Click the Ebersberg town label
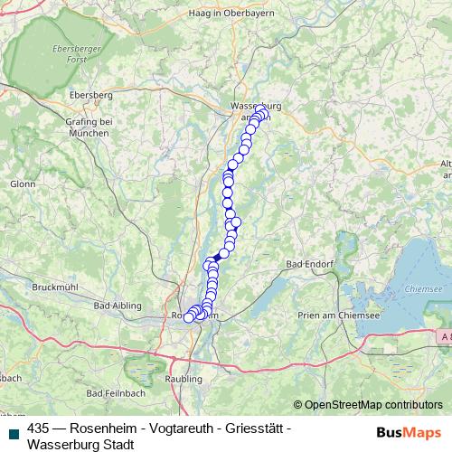89,94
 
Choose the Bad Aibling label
115,306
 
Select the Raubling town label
184,378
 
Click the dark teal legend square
13,428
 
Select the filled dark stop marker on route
217,257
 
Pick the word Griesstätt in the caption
253,428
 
